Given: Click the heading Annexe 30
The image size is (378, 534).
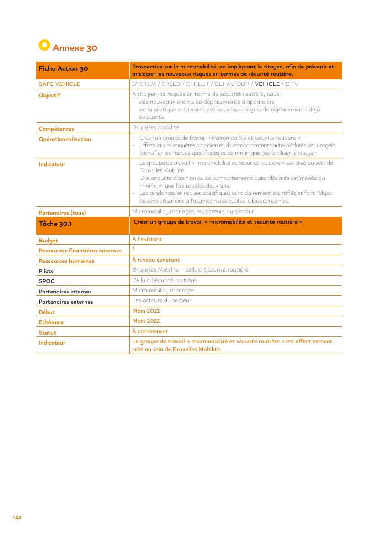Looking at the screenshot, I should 75,48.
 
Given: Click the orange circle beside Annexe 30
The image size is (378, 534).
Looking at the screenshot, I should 44,45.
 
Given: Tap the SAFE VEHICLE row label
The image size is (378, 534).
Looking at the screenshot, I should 59,84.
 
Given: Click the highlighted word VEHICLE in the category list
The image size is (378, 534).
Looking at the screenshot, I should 267,84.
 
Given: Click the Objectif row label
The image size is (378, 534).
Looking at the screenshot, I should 49,95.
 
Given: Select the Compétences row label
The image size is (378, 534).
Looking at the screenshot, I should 56,129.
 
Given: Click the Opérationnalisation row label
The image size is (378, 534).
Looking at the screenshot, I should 65,139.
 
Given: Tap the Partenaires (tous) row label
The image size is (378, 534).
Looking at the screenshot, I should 62,213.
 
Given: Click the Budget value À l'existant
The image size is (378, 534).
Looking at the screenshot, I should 147,239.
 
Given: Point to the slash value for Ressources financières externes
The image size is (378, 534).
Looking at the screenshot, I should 133,250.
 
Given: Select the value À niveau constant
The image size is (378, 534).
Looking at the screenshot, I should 156,260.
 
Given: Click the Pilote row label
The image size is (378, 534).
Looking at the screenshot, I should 46,271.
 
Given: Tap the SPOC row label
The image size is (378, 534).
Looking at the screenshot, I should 47,281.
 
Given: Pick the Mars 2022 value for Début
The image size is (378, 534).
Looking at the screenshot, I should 146,311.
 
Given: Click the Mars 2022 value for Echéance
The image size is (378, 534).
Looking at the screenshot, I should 146,321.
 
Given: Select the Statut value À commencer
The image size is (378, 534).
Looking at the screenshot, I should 150,331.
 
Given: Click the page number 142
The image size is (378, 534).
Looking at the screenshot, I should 17,518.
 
